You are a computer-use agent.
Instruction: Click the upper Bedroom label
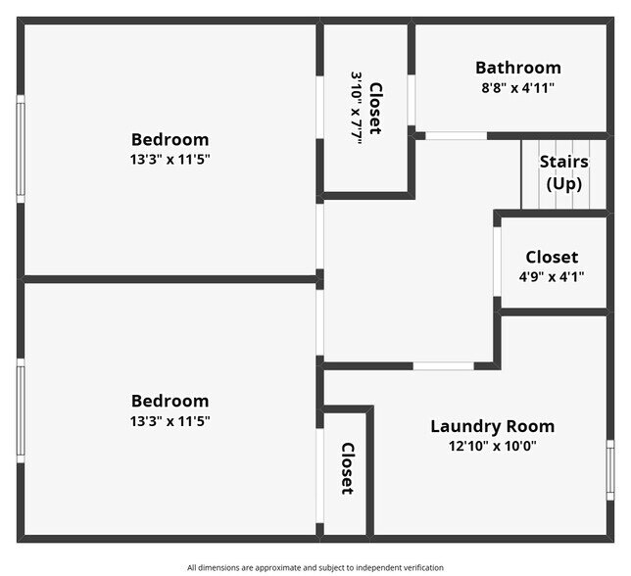click(170, 139)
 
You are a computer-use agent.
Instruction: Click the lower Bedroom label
click(170, 401)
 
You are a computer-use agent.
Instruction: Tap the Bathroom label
click(518, 68)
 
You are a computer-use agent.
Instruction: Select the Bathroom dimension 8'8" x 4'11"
click(518, 87)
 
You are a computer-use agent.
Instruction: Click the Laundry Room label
click(492, 426)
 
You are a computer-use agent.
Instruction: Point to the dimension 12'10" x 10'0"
click(492, 446)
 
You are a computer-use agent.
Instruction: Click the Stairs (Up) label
click(563, 172)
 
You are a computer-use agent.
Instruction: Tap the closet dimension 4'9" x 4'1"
click(552, 276)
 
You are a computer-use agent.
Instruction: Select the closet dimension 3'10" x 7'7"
click(357, 108)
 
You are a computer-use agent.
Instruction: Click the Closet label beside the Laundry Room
click(347, 468)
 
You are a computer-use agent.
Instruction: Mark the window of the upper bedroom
click(21, 147)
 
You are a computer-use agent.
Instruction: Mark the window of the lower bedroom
click(21, 409)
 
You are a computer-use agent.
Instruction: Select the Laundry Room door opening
click(443, 366)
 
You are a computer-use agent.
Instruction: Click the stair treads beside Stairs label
click(529, 176)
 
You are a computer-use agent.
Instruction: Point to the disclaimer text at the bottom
click(315, 567)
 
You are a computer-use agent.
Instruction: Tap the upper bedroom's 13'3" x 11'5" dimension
click(170, 159)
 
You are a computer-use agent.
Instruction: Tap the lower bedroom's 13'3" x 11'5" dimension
click(170, 421)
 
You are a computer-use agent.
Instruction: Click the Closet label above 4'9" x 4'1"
click(552, 257)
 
